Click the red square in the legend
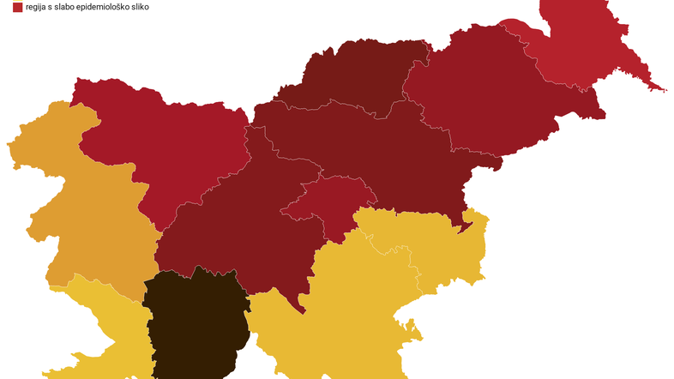tap(17, 7)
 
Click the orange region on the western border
tap(86, 214)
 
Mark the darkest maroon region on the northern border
tap(360, 77)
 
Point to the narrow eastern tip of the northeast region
tap(657, 87)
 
